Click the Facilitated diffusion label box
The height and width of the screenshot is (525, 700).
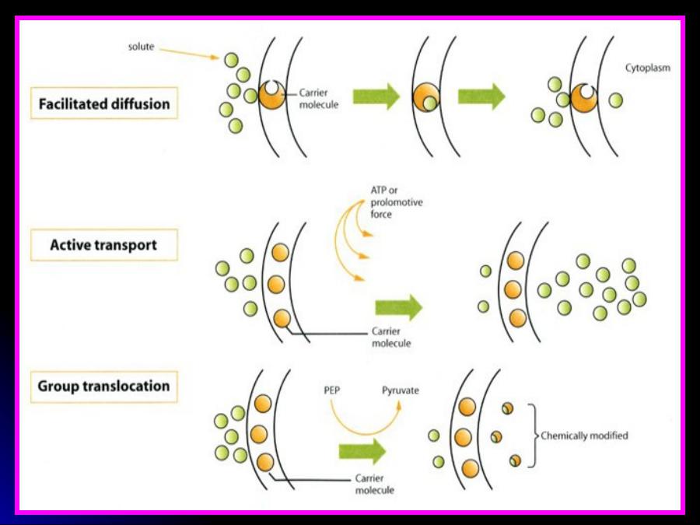click(104, 103)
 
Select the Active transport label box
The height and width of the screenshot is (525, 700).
click(104, 245)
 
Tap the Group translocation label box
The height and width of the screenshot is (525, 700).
click(104, 386)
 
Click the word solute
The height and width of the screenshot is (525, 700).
click(142, 47)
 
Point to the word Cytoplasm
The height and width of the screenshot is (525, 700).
click(647, 68)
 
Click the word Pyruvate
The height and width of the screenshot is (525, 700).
click(400, 390)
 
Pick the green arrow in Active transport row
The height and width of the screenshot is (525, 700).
click(398, 307)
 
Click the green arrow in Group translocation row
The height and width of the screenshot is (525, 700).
click(362, 451)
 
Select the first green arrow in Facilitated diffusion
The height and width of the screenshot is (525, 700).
click(376, 96)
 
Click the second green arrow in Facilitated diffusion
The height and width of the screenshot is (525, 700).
click(481, 96)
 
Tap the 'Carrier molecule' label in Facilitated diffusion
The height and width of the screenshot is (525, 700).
click(319, 98)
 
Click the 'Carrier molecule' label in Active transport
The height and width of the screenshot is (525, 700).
click(391, 337)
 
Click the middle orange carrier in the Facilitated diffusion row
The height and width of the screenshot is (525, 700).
click(426, 98)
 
